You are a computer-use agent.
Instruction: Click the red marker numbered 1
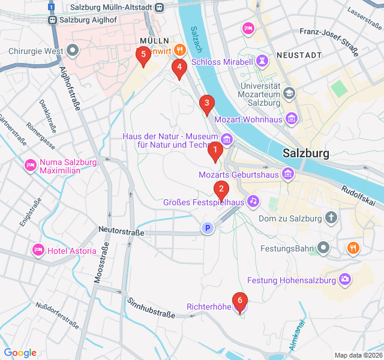coord(215,152)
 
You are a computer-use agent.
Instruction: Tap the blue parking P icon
coord(208,228)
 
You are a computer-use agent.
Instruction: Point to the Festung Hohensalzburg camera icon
coord(345,279)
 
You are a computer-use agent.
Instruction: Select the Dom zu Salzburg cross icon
coord(331,218)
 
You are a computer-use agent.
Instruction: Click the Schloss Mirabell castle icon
coord(262,61)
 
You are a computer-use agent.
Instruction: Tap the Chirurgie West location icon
coord(73,50)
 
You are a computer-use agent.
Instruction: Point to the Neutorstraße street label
coord(121,231)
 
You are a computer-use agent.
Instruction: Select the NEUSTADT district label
coord(299,55)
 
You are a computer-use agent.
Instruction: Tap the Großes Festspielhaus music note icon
coord(253,201)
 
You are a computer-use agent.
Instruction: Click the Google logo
coord(20,353)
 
